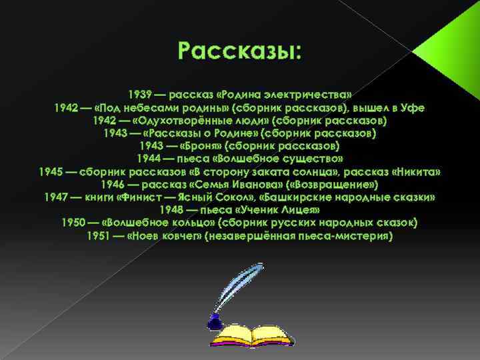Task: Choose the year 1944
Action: [x=147, y=159]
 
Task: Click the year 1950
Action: [x=73, y=223]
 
